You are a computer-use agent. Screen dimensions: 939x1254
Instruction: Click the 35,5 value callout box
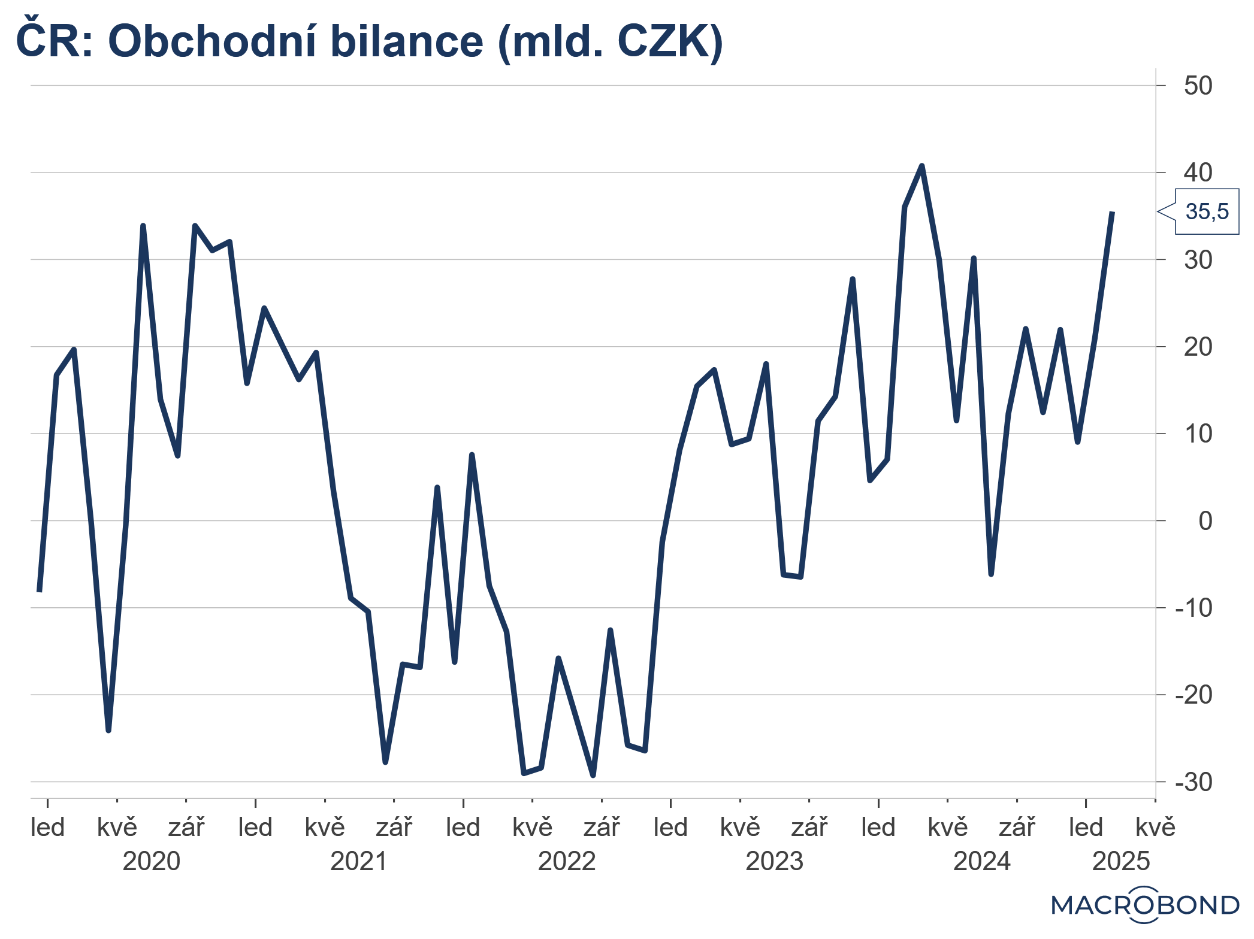(x=1206, y=211)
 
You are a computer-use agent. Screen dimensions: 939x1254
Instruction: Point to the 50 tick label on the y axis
(x=1198, y=86)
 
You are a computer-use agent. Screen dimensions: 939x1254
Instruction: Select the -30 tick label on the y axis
(x=1193, y=782)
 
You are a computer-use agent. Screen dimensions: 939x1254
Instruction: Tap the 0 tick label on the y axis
(x=1205, y=521)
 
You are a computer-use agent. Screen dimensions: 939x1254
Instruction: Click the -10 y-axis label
(x=1193, y=608)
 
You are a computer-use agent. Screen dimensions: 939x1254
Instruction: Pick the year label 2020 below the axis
(x=152, y=861)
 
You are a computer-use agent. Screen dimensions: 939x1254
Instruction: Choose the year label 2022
(x=567, y=861)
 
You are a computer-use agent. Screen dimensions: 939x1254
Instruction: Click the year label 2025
(x=1121, y=861)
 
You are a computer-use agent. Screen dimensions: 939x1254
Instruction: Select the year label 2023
(x=774, y=861)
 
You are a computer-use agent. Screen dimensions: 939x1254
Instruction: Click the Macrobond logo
(x=1145, y=904)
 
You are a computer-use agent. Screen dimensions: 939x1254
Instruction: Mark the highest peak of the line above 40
(x=921, y=166)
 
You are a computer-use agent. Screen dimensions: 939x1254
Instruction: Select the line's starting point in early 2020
(x=40, y=590)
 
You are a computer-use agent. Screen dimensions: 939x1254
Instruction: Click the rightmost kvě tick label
(x=1155, y=828)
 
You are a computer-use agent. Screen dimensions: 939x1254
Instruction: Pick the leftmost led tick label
(x=48, y=828)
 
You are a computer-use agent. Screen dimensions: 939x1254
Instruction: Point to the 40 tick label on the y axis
(x=1198, y=172)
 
